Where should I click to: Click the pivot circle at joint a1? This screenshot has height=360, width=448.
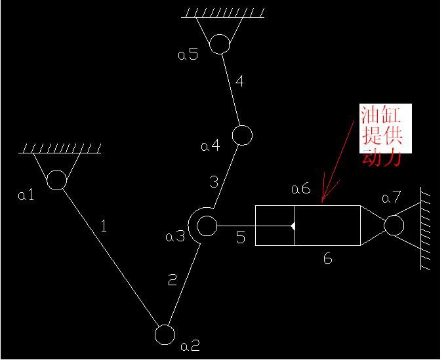pos(57,180)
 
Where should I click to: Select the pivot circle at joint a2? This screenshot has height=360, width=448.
pos(165,334)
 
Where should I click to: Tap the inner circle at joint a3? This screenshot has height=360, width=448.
pos(207,226)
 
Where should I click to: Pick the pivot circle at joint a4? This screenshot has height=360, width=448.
pos(242,135)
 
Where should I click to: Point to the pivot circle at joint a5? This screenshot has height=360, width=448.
pos(220,44)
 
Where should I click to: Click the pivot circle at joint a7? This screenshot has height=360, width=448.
pos(394,225)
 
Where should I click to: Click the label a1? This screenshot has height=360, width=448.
pos(26,195)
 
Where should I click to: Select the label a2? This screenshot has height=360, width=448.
pos(190,346)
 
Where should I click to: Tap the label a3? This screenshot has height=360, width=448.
pos(175,237)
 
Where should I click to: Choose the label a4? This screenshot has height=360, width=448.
pos(211,146)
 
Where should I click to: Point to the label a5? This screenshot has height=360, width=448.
pos(188,54)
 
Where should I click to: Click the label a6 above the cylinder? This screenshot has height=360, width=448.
pos(301,189)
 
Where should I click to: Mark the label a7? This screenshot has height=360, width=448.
pos(392,197)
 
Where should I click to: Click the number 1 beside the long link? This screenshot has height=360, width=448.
pos(104,226)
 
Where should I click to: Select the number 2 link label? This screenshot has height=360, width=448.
pos(173,280)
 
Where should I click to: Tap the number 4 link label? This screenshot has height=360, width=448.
pos(239,81)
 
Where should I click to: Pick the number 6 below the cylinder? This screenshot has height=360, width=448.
pos(328,258)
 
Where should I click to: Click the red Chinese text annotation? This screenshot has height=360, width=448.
pos(382,135)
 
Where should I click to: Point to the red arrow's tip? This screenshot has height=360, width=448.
pos(322,202)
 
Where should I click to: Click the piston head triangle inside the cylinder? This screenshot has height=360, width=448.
pos(293,226)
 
